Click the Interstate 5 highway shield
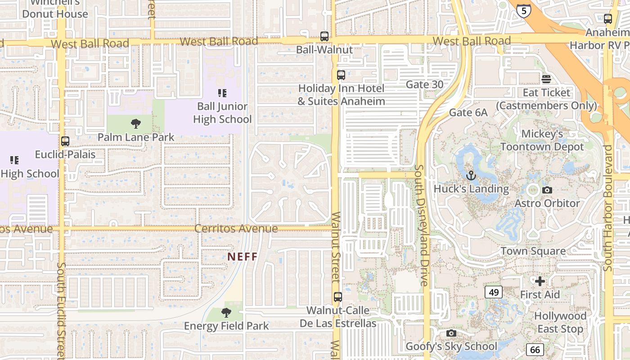(x=523, y=10)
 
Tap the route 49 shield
(x=494, y=292)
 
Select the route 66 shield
(x=535, y=349)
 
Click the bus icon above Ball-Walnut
(x=324, y=36)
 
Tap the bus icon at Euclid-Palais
(x=65, y=141)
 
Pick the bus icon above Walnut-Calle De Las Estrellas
(x=337, y=297)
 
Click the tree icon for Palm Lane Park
(x=135, y=124)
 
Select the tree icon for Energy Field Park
(x=226, y=313)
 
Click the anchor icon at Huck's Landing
(x=471, y=175)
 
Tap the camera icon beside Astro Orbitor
(x=547, y=190)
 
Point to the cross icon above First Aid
(x=540, y=282)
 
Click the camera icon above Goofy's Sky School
(x=451, y=333)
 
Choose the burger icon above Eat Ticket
(x=546, y=79)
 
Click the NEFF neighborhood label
(x=243, y=257)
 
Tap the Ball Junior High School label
(x=222, y=113)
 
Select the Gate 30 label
(x=424, y=84)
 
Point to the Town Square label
(x=533, y=251)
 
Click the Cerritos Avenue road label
(x=236, y=229)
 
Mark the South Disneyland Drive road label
(x=422, y=225)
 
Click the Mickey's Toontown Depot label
(x=542, y=140)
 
